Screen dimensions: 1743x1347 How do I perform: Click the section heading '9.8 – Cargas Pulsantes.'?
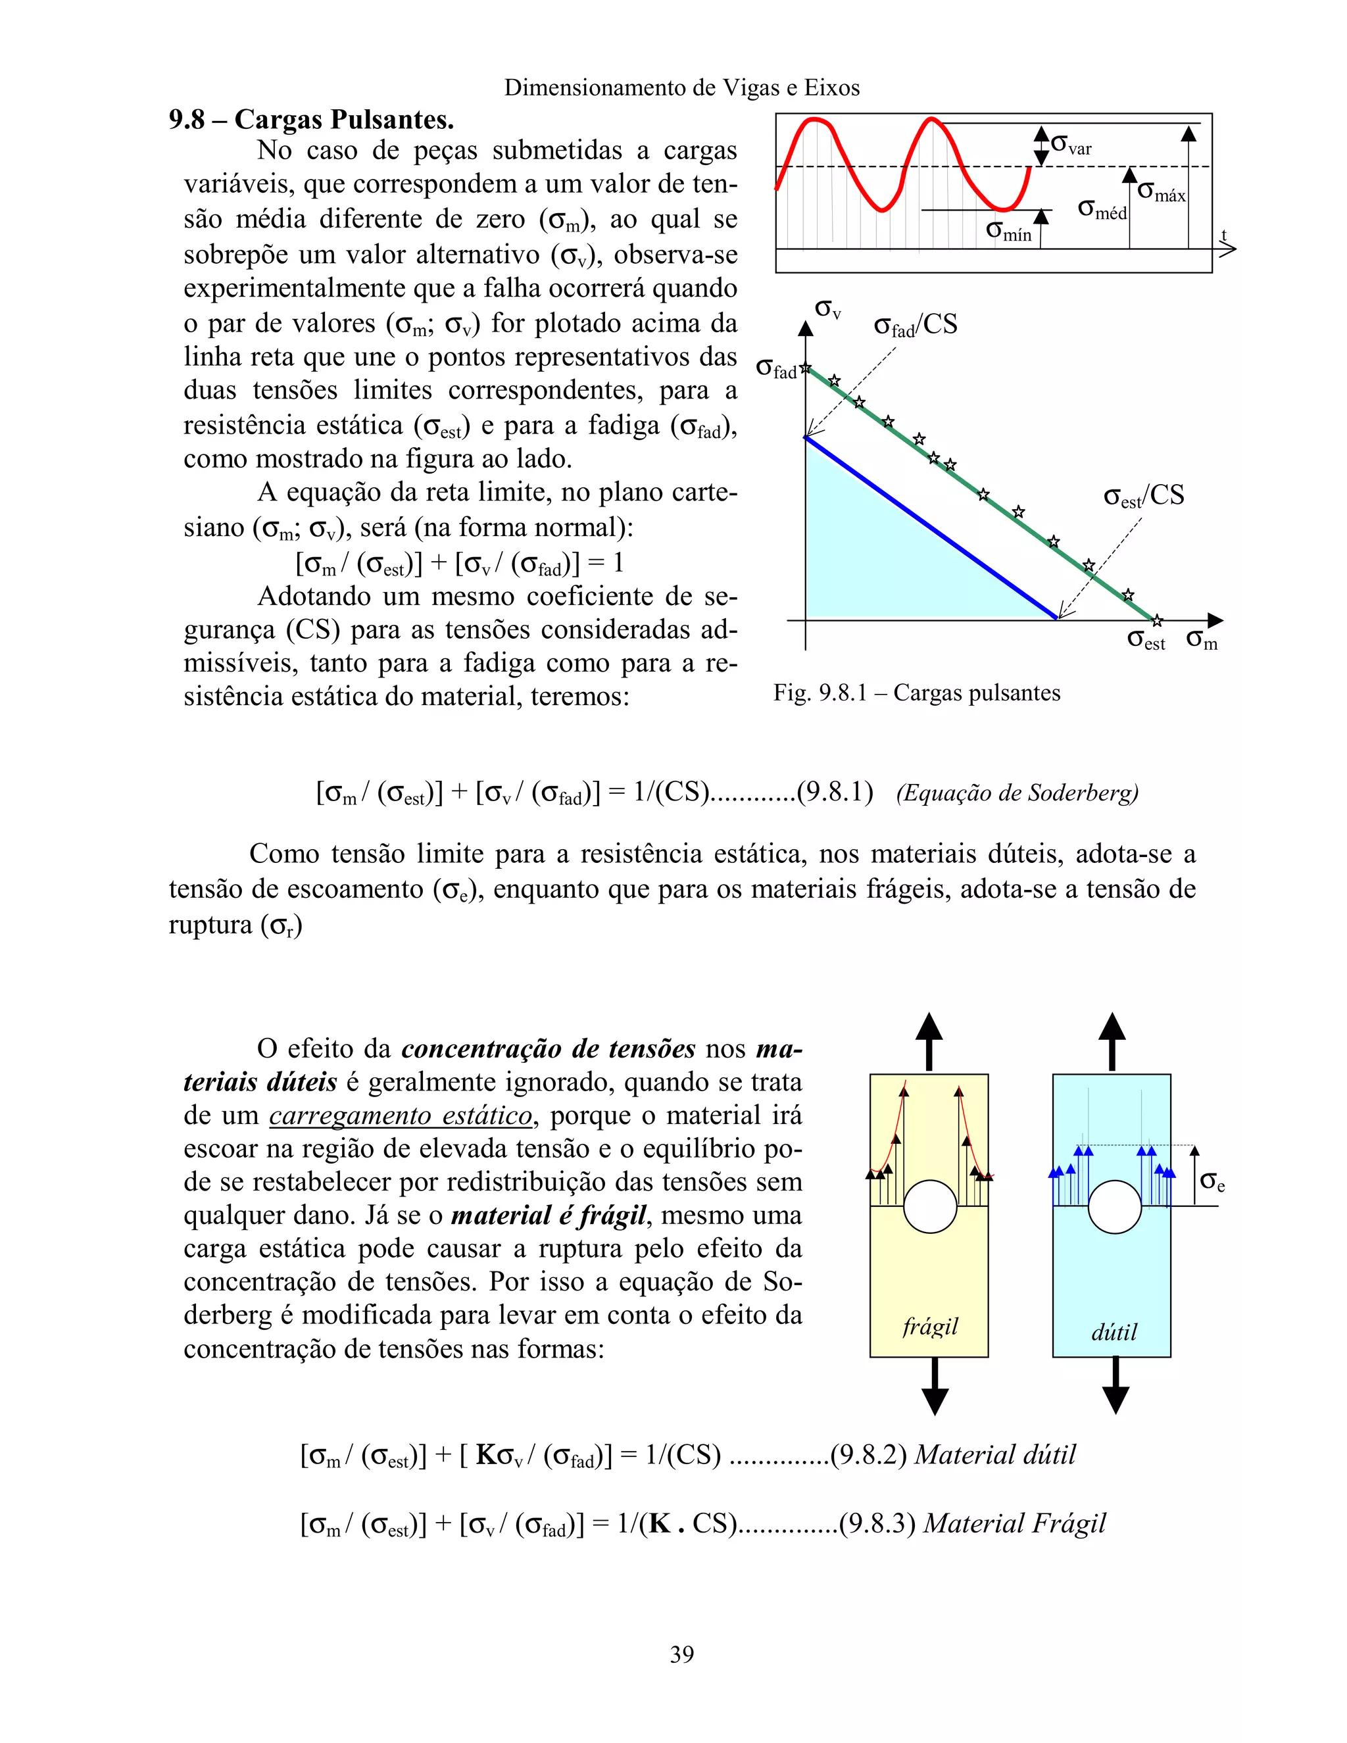[311, 120]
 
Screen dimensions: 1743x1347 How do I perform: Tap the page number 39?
[681, 1654]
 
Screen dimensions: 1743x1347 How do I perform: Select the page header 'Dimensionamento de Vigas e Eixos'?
[681, 87]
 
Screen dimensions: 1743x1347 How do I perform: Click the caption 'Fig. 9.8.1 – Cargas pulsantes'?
[916, 693]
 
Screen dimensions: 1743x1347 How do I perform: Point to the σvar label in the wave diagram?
[1071, 145]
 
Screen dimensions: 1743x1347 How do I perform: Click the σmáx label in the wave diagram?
[1161, 192]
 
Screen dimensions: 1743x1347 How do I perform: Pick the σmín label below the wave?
[1009, 232]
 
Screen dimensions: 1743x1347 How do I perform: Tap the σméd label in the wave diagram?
[1101, 209]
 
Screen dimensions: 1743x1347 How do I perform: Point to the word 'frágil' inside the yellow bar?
[929, 1327]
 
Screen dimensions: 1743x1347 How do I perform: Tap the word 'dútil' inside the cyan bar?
[1114, 1331]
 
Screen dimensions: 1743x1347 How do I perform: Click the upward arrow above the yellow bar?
[929, 1039]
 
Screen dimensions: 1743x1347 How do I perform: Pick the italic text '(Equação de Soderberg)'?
[1017, 793]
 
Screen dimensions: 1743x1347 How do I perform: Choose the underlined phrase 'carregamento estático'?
[401, 1116]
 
